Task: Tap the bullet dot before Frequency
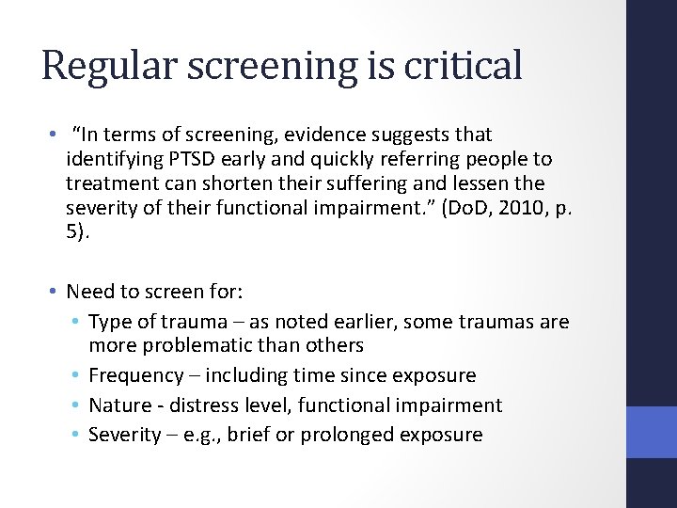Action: (x=76, y=376)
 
